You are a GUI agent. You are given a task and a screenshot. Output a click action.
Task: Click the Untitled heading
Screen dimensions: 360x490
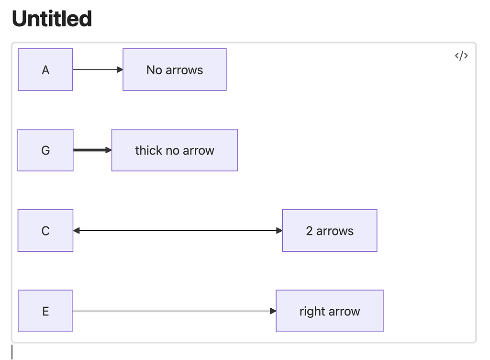pyautogui.click(x=52, y=19)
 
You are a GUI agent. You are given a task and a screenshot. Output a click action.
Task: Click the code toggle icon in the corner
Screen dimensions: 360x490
pyautogui.click(x=461, y=56)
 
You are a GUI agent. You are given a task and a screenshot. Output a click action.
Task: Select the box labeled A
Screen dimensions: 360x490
pyautogui.click(x=45, y=70)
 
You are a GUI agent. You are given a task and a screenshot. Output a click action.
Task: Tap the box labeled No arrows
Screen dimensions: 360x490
pyautogui.click(x=175, y=70)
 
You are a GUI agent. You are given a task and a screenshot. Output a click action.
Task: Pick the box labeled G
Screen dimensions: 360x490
pyautogui.click(x=45, y=150)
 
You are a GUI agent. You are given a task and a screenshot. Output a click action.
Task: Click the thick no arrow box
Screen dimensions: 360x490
pyautogui.click(x=175, y=150)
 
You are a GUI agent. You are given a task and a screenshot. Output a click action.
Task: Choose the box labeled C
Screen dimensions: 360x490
pyautogui.click(x=45, y=231)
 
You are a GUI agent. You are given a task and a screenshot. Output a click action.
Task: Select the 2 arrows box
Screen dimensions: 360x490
pyautogui.click(x=330, y=231)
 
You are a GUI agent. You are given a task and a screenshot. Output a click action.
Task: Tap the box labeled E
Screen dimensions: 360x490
pyautogui.click(x=45, y=311)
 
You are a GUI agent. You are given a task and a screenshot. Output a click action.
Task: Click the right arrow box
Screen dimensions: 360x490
pyautogui.click(x=330, y=311)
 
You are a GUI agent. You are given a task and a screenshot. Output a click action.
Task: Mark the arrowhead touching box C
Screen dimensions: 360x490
pyautogui.click(x=77, y=231)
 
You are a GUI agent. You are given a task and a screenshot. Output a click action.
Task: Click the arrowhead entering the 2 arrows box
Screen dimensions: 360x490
pyautogui.click(x=279, y=231)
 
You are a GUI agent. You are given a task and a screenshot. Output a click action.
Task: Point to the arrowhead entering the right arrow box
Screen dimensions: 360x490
pyautogui.click(x=273, y=311)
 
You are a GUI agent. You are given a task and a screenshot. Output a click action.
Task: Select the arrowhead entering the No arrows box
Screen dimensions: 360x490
pyautogui.click(x=120, y=70)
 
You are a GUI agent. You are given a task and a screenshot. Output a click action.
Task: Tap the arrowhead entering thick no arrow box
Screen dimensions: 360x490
pyautogui.click(x=108, y=150)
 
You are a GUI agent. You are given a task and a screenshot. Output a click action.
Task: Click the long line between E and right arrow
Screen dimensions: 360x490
pyautogui.click(x=172, y=311)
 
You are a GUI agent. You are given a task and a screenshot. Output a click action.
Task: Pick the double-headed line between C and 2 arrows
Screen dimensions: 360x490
pyautogui.click(x=177, y=231)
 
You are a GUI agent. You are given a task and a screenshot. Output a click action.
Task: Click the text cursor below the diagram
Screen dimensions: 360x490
pyautogui.click(x=12, y=352)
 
